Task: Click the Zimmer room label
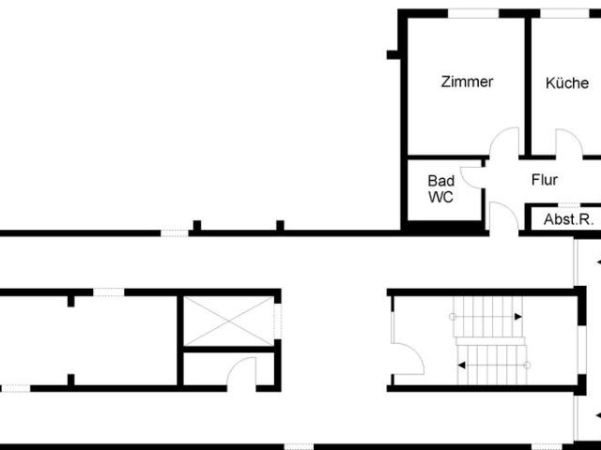pyautogui.click(x=467, y=82)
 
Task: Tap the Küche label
pyautogui.click(x=567, y=82)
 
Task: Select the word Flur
pyautogui.click(x=545, y=179)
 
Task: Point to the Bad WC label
pyautogui.click(x=441, y=188)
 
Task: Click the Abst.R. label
pyautogui.click(x=568, y=219)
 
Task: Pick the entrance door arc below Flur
pyautogui.click(x=505, y=216)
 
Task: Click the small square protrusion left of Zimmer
pyautogui.click(x=393, y=54)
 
